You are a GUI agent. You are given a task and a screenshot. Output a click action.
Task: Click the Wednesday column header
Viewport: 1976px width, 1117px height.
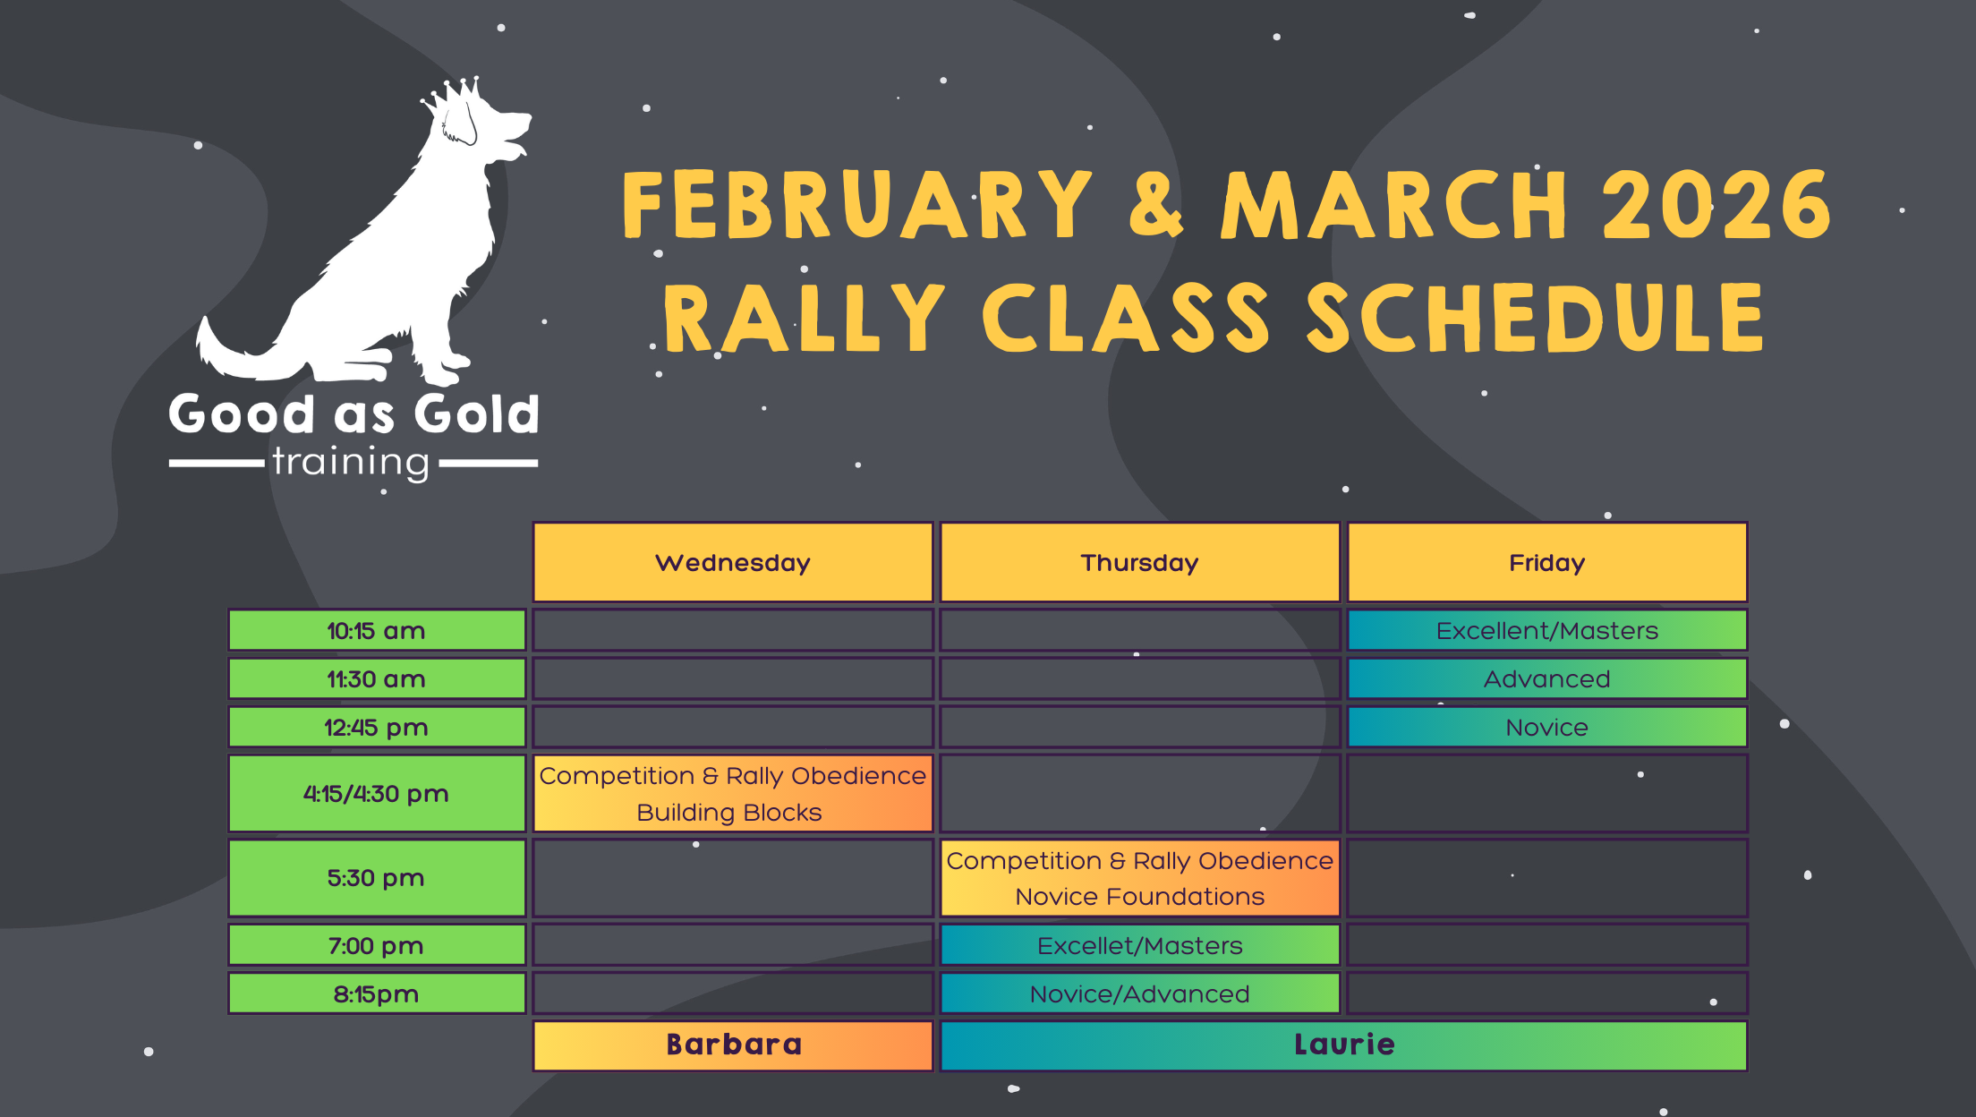733,562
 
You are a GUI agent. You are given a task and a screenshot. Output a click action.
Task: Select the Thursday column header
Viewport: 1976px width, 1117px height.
1139,562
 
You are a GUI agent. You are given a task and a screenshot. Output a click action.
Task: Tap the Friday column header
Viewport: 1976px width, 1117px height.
1547,562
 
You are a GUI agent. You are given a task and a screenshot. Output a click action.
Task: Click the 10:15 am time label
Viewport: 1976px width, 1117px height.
377,630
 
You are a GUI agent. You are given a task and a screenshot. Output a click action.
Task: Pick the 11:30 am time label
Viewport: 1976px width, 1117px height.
377,678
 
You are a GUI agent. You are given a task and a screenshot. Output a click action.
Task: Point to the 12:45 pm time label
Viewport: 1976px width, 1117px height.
377,727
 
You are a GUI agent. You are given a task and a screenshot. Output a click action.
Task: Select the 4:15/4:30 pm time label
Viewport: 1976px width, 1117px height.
377,793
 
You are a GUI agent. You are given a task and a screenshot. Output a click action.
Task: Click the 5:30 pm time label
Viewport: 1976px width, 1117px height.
377,877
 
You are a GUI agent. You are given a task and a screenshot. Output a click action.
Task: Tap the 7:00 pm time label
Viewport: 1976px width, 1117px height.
377,945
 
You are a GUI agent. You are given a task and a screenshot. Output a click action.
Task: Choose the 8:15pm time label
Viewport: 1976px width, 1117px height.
377,993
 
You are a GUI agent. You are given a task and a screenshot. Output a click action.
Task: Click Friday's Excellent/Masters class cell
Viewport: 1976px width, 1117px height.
1547,630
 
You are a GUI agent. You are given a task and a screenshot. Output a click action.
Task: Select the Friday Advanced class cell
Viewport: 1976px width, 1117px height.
1547,678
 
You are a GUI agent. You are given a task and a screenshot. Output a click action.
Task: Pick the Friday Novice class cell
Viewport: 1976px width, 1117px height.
1547,727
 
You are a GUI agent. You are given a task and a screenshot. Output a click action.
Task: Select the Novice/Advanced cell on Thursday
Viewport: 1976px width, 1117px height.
1139,993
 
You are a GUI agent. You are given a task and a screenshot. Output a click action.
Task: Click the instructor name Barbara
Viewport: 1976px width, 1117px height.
734,1045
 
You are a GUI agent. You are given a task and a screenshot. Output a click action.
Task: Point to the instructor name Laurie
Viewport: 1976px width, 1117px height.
1344,1045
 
